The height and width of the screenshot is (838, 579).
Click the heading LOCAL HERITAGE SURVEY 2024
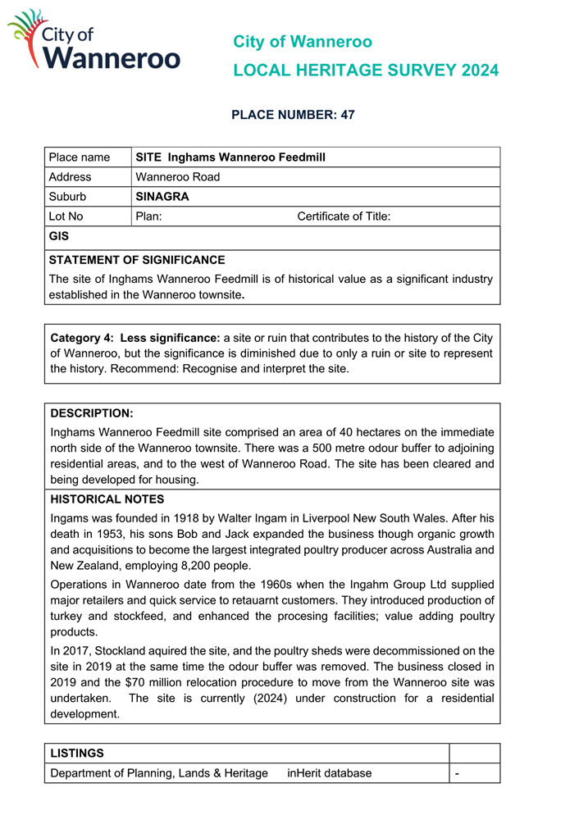[x=365, y=71]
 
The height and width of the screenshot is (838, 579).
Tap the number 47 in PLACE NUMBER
[x=347, y=115]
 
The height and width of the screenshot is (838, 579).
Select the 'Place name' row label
[x=80, y=157]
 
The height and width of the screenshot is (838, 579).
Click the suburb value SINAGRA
[x=162, y=197]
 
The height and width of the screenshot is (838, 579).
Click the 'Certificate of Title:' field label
[x=344, y=216]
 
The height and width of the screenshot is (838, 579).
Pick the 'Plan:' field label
[x=148, y=216]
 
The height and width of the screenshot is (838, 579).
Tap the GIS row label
[x=59, y=236]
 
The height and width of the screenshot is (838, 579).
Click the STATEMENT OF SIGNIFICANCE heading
[x=137, y=260]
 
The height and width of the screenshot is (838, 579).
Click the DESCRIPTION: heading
[x=92, y=414]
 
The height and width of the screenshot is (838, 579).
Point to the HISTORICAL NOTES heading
[x=107, y=499]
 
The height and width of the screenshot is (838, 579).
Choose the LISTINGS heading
[x=77, y=753]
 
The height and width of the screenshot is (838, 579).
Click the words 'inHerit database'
[x=329, y=773]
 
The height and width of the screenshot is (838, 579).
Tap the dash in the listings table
[x=458, y=773]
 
